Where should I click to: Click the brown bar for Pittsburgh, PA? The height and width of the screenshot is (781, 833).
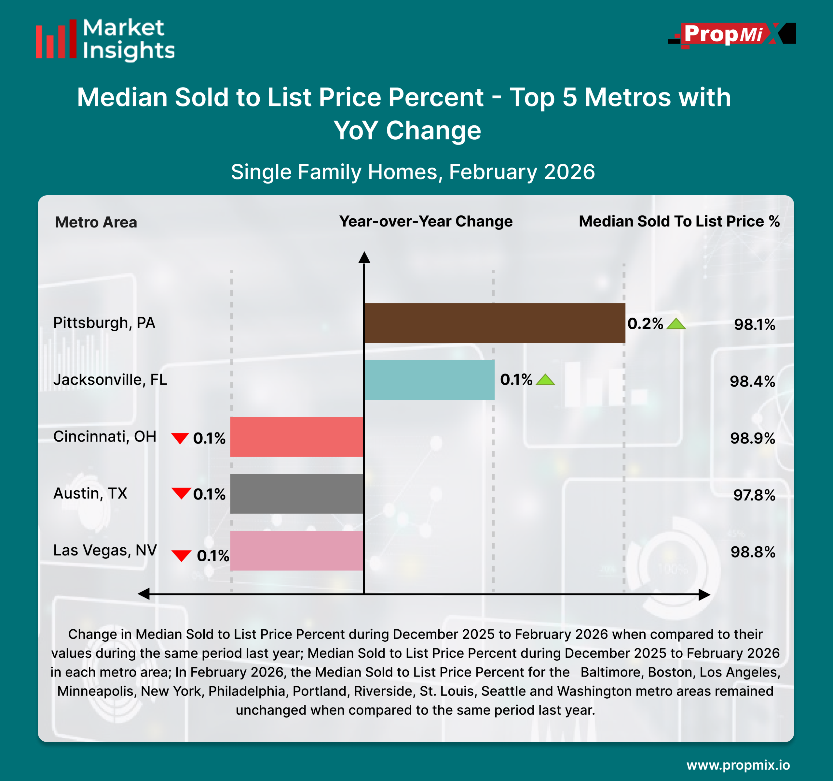(495, 323)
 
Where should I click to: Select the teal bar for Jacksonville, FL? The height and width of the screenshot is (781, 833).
(429, 380)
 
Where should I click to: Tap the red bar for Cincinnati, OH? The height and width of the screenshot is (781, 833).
(297, 437)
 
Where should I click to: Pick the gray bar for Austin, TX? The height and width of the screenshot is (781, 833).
(297, 494)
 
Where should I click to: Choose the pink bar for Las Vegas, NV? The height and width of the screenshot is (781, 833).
(297, 551)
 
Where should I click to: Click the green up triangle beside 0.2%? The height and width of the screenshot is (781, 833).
(676, 324)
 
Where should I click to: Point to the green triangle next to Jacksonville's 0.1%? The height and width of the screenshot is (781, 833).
(545, 380)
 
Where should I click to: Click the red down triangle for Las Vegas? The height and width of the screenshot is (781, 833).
(182, 555)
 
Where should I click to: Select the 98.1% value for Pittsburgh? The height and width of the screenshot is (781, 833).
(754, 325)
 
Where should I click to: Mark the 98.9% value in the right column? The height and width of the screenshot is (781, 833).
(753, 438)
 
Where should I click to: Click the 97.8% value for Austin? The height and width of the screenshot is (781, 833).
(754, 495)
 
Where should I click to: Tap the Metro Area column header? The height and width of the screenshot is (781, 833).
(96, 222)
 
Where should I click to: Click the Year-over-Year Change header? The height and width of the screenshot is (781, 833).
(426, 221)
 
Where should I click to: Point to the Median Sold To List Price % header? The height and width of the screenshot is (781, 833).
(679, 221)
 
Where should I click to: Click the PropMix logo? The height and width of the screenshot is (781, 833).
(731, 34)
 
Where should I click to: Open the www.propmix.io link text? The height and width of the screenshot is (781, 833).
(738, 765)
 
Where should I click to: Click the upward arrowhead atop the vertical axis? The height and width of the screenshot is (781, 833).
(364, 258)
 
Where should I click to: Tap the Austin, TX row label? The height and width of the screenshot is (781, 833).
(90, 493)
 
